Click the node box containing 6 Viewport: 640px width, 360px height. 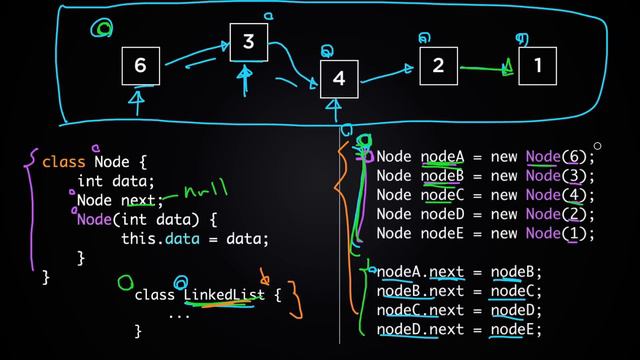(x=140, y=66)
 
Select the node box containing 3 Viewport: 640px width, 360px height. (x=249, y=42)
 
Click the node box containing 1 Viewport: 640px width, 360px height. (x=537, y=66)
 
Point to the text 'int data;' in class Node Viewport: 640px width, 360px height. (x=116, y=181)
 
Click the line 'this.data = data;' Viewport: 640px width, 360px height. (x=187, y=239)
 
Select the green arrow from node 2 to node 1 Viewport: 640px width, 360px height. (x=486, y=69)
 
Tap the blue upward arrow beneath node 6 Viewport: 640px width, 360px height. (x=137, y=99)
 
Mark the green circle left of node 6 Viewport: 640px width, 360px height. (x=101, y=28)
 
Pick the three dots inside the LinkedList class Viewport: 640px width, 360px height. (x=179, y=313)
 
